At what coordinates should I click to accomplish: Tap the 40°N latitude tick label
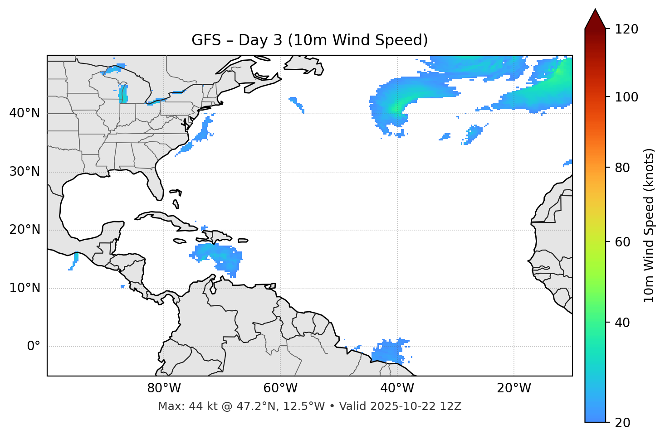pos(24,113)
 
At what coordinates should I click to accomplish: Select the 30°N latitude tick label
pos(24,172)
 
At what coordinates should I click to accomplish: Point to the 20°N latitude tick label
pos(24,230)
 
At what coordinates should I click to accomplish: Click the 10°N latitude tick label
pos(24,288)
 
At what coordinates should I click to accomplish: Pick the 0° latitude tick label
pos(34,347)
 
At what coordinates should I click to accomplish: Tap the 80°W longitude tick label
pos(164,388)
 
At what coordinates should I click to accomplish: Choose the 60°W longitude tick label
pos(280,388)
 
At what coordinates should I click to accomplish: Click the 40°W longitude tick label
pos(397,388)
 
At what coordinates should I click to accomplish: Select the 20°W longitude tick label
pos(514,388)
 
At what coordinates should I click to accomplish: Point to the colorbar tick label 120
pos(626,29)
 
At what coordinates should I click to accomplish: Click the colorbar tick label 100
pos(626,97)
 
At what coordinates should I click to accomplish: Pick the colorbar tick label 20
pos(622,423)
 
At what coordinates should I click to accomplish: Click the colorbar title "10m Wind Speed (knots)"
pos(650,226)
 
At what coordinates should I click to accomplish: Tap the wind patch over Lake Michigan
pos(123,93)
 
